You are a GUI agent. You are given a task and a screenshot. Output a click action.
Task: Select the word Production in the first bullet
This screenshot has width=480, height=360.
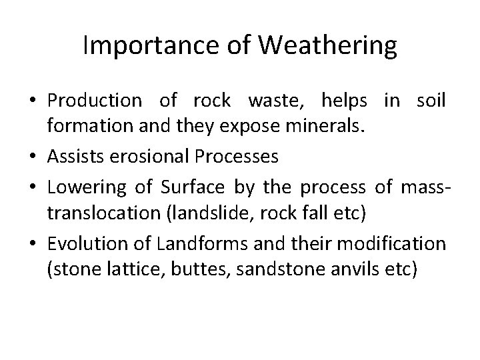94,101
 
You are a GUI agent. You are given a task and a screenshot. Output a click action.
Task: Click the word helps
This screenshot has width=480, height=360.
344,101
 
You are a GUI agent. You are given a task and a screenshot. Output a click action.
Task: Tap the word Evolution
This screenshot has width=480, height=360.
81,243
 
